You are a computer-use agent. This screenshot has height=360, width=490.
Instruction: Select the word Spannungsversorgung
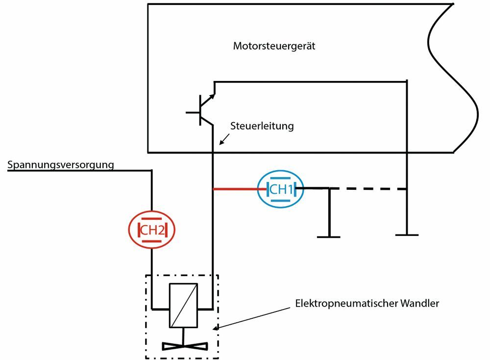tap(60, 165)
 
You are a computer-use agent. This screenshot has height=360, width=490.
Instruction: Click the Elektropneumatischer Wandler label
tap(367, 303)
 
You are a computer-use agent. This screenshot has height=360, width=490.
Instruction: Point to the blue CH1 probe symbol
tap(281, 188)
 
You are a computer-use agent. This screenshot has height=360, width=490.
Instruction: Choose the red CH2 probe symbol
tap(151, 229)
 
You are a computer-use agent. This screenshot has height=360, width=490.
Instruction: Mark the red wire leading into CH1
tap(236, 188)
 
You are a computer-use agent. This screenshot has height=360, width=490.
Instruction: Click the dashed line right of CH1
tap(372, 188)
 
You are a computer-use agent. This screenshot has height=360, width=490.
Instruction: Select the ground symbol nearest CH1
tap(329, 236)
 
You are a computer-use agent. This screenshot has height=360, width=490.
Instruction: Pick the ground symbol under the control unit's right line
tap(407, 234)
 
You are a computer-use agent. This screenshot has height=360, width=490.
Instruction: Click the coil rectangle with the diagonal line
tap(183, 305)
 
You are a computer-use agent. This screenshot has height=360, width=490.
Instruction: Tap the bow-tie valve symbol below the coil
tap(183, 345)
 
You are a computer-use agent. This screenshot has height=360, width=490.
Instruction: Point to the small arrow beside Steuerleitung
tap(223, 141)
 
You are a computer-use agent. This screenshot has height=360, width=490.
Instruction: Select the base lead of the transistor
tap(193, 112)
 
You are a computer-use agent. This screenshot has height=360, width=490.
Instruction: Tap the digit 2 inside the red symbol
tap(160, 229)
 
